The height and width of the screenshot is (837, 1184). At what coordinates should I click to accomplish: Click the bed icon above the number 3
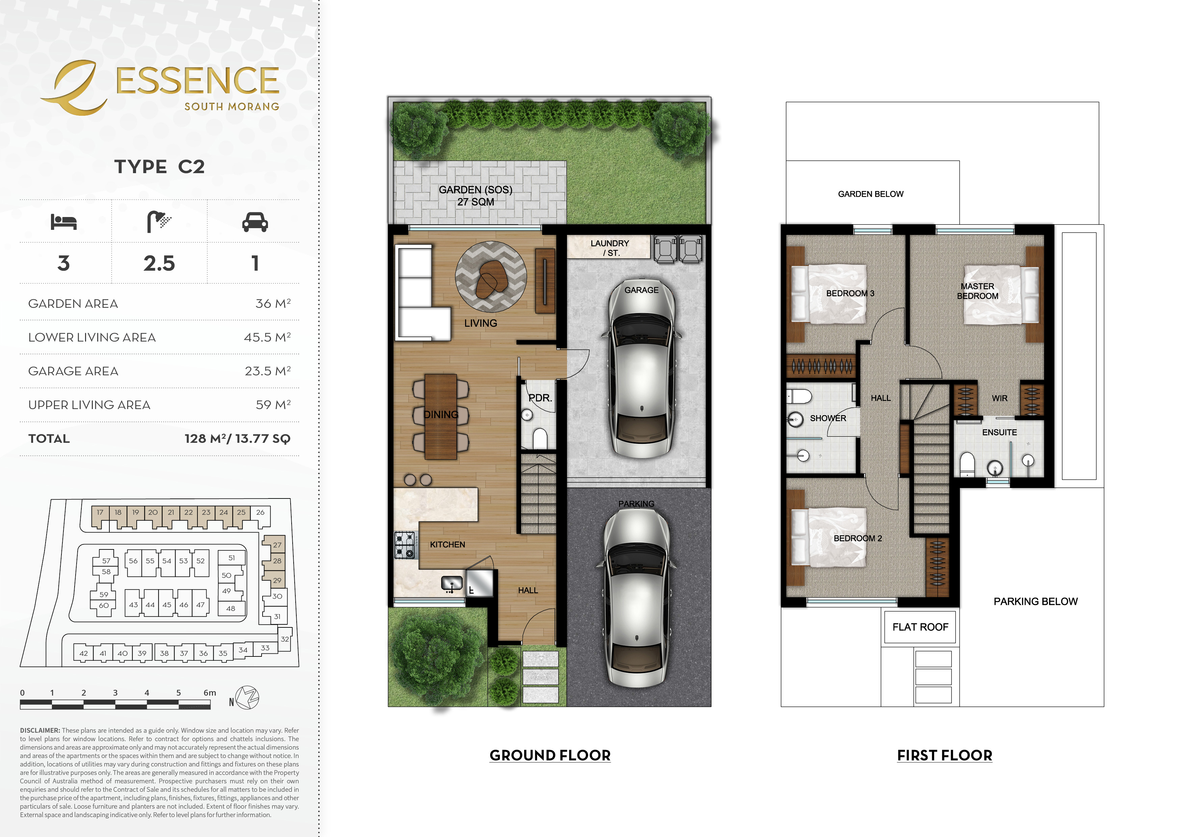(63, 222)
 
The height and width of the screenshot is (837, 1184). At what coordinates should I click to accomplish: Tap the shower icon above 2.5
(159, 221)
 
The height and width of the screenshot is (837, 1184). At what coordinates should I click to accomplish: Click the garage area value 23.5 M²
(268, 371)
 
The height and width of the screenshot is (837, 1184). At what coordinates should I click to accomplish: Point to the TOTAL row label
(49, 438)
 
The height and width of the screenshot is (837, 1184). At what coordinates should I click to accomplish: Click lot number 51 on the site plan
(232, 558)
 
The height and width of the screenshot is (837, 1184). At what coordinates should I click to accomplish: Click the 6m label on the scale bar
(210, 693)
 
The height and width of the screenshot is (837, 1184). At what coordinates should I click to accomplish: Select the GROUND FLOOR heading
(550, 756)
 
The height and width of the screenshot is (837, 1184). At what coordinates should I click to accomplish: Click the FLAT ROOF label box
(920, 627)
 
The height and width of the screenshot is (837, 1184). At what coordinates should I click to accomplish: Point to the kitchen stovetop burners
(405, 545)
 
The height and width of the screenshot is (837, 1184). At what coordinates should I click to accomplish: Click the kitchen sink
(452, 583)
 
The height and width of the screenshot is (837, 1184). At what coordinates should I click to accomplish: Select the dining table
(440, 416)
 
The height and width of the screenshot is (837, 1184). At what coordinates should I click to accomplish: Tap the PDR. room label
(540, 398)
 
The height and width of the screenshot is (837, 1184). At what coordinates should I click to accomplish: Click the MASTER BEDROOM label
(978, 291)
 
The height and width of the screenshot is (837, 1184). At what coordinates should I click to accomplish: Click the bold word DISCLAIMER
(40, 730)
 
